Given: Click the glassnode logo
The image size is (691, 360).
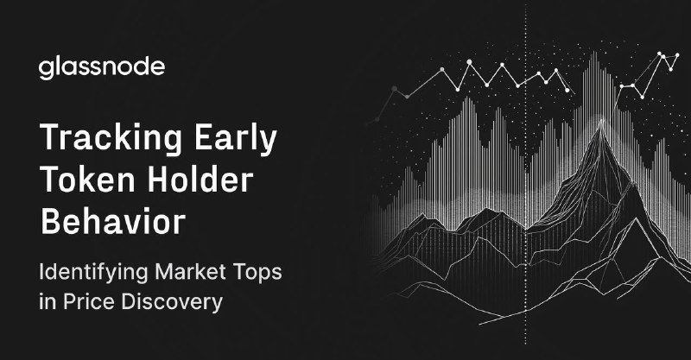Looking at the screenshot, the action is (102, 68).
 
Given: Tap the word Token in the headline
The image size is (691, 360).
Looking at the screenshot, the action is (87, 180).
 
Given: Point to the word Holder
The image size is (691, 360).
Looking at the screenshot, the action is (200, 180).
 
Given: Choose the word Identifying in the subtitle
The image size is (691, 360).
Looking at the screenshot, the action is (93, 273).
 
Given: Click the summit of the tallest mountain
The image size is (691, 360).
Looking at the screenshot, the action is (601, 121).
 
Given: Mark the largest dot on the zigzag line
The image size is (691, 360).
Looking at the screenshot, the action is (469, 62).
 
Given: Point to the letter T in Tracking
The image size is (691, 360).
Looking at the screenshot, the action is (50, 137).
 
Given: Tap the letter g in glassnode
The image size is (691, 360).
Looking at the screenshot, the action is (46, 71).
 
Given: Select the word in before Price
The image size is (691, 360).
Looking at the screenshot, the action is (48, 302).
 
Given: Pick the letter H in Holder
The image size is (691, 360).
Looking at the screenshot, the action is (158, 180).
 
